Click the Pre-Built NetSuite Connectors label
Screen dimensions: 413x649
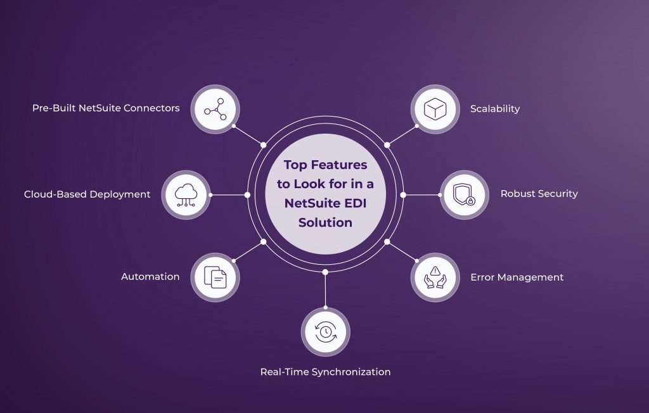pyautogui.click(x=106, y=108)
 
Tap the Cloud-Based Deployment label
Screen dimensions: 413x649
pyautogui.click(x=87, y=194)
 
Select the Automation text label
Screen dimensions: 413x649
pyautogui.click(x=150, y=277)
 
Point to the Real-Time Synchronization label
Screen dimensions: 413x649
pyautogui.click(x=325, y=372)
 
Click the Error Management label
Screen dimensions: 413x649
pyautogui.click(x=517, y=277)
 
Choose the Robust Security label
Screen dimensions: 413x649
pyautogui.click(x=539, y=194)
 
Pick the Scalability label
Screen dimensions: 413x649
pyautogui.click(x=494, y=108)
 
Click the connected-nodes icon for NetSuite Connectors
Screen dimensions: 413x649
pyautogui.click(x=215, y=110)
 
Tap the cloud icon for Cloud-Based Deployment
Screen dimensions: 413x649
pyautogui.click(x=186, y=194)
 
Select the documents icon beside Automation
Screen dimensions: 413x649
pyautogui.click(x=215, y=277)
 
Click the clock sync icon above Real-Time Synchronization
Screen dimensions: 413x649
pyautogui.click(x=325, y=332)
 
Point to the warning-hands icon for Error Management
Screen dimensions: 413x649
pyautogui.click(x=435, y=277)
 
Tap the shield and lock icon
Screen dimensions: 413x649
pyautogui.click(x=465, y=194)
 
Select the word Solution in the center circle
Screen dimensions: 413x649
pyautogui.click(x=325, y=223)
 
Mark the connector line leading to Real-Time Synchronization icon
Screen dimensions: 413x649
pyautogui.click(x=325, y=290)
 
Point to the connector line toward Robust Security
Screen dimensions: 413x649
pyautogui.click(x=421, y=194)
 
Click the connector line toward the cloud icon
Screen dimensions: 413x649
pyautogui.click(x=229, y=194)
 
